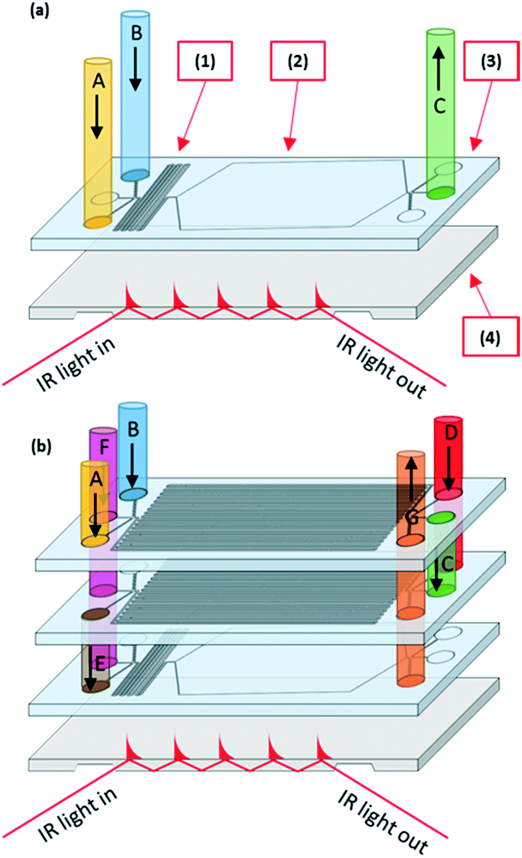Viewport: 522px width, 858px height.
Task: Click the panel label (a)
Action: tap(40, 11)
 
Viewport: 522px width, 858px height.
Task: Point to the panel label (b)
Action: tap(41, 447)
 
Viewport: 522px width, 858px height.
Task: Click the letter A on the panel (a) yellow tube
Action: tap(98, 81)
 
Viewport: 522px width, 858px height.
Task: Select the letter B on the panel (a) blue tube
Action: tap(136, 33)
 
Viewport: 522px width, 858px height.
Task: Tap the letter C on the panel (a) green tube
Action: tap(440, 105)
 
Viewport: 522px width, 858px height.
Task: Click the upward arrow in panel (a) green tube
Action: tap(439, 70)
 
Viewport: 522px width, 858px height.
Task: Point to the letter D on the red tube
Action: tap(451, 432)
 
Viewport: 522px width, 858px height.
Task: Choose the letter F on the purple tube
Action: tap(104, 447)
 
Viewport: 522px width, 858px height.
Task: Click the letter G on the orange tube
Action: tap(411, 518)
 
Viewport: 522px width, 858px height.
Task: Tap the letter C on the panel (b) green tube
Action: tap(447, 563)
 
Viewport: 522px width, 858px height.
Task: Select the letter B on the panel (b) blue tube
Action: tap(133, 429)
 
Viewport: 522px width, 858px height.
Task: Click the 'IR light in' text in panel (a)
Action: tap(76, 365)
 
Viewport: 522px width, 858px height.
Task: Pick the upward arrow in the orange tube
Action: tap(411, 479)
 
